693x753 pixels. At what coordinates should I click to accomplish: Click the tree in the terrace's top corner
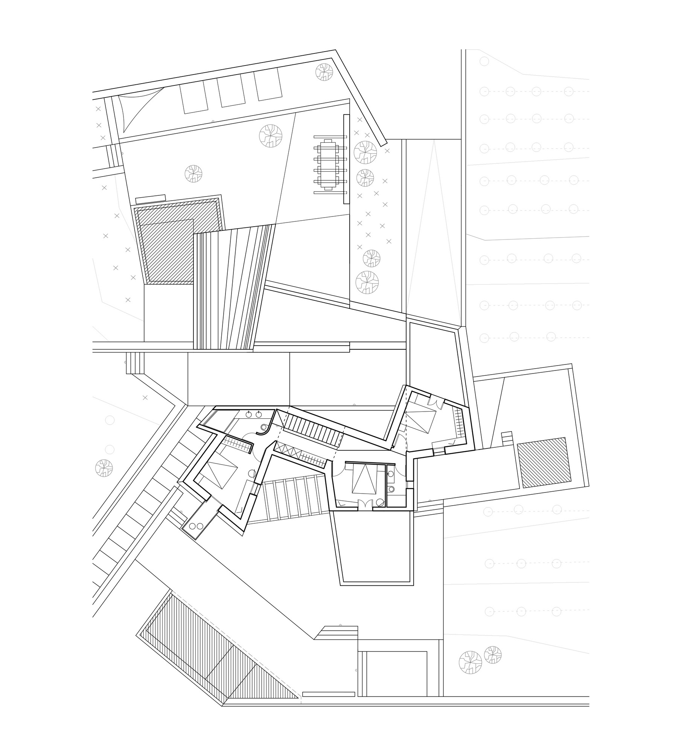tap(324, 72)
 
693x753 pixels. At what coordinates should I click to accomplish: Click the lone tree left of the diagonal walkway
tap(104, 468)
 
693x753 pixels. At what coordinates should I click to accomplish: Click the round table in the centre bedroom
tap(380, 502)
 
